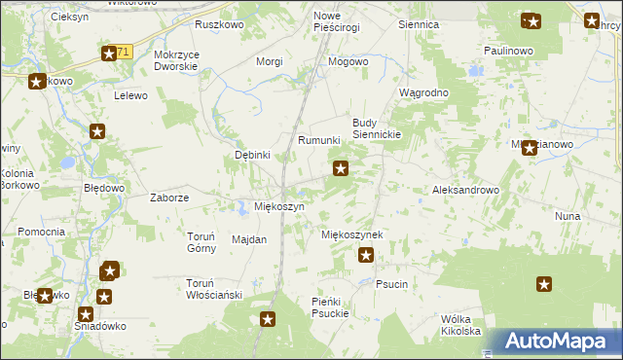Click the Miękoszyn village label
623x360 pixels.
click(279, 207)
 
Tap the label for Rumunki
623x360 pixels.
click(318, 140)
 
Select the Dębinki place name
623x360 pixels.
click(252, 155)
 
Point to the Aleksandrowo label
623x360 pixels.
click(465, 191)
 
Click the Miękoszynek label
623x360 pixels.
click(351, 235)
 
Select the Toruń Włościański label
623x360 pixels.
click(213, 289)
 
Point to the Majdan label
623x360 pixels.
click(249, 239)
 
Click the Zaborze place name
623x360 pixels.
click(169, 198)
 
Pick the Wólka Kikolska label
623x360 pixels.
click(461, 325)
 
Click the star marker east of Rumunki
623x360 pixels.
click(341, 169)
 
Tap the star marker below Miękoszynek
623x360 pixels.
click(366, 256)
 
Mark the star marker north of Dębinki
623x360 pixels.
click(97, 131)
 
